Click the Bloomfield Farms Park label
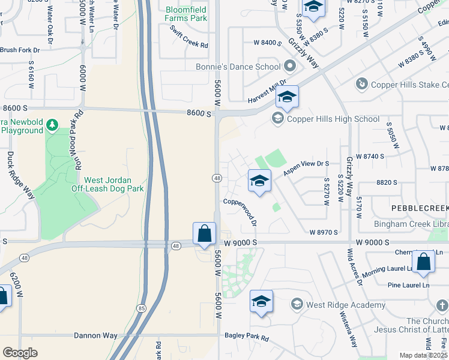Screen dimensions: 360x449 tap(187, 14)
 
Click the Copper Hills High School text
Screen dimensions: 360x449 tap(333, 119)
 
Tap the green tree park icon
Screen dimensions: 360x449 tap(53, 125)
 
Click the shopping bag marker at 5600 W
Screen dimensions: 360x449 tap(204, 233)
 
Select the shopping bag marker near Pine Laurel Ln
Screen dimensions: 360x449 tap(423, 261)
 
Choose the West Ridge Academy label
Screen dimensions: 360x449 tap(345, 305)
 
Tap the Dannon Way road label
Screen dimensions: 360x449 tap(95, 335)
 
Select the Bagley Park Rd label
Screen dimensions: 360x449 tap(246, 338)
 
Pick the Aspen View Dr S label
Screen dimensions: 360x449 tap(307, 167)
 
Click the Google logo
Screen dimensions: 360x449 tap(20, 352)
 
